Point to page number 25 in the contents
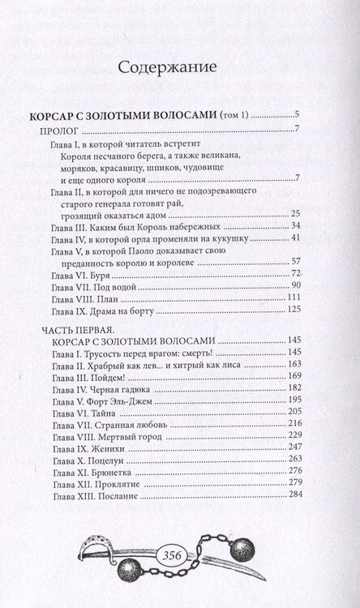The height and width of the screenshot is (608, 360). pos(296,212)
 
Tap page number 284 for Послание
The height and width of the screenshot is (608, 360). pos(293,495)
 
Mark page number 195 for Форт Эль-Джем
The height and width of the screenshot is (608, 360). pos(293,401)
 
